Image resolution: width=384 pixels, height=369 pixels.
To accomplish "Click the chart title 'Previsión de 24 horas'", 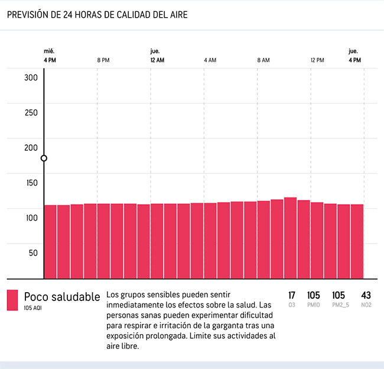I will pos(97,15).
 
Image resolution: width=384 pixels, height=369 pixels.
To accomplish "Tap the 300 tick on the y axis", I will pos(31,77).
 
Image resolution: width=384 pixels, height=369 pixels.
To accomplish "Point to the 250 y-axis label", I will pos(31,113).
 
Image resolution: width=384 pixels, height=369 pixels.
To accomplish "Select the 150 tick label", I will pos(31,183).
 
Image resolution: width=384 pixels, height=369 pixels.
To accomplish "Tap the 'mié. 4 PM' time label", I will pos(50,56).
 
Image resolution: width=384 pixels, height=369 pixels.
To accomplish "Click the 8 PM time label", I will pos(103,60).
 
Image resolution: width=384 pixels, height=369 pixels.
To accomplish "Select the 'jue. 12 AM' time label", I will pos(157,56).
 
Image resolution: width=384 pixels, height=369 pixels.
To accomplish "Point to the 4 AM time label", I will pos(210,60).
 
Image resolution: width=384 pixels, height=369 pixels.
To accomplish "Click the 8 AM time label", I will pos(263,60).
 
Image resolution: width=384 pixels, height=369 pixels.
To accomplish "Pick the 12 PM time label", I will pos(317,60).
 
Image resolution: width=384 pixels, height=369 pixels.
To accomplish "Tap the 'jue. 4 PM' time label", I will pos(354,56).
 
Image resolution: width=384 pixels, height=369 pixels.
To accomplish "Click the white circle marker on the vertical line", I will pos(44,158).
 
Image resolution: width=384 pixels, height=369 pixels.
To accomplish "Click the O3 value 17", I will pos(292,295).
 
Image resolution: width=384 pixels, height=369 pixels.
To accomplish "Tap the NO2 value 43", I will pos(366,295).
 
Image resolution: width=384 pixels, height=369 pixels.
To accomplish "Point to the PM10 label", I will pos(314,305).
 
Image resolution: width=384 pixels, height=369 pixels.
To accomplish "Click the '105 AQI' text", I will pos(33,307).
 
